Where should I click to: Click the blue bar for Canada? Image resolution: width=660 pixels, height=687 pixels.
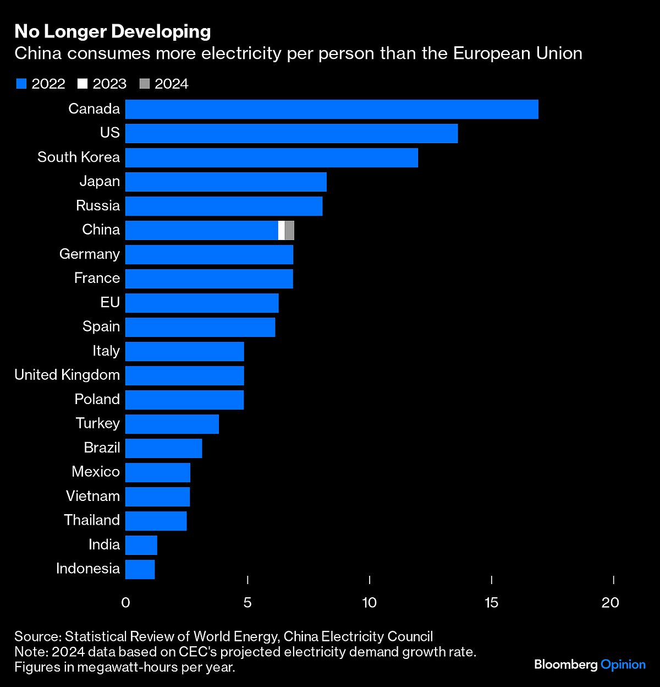pos(332,109)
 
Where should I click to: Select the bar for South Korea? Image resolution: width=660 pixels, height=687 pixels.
pos(272,157)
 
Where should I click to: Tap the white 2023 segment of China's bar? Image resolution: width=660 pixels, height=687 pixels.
pos(282,230)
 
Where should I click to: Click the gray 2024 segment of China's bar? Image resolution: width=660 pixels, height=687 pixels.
pos(290,230)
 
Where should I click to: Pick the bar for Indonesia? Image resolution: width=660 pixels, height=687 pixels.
pos(140,569)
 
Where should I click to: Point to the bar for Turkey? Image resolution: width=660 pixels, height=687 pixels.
pos(172,424)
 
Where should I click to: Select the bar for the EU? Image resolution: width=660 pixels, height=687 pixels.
pos(202,303)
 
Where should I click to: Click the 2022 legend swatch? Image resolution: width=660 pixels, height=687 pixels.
pos(21,84)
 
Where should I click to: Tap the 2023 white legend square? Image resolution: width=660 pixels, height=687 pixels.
pos(83,84)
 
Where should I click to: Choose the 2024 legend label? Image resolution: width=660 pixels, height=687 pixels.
pos(172,84)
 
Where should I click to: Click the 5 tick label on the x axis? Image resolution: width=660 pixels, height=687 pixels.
pos(248,602)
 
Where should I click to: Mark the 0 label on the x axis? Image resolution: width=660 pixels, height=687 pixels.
pos(125,602)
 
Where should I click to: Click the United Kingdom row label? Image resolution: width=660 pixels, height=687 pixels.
pos(67,375)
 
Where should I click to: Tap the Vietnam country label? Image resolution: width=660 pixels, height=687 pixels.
pos(93,496)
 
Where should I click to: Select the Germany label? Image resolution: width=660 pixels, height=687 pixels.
pos(90,254)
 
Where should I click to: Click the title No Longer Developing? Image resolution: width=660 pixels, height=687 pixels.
pos(113,31)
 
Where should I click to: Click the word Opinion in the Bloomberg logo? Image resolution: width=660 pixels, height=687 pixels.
pos(623,664)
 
